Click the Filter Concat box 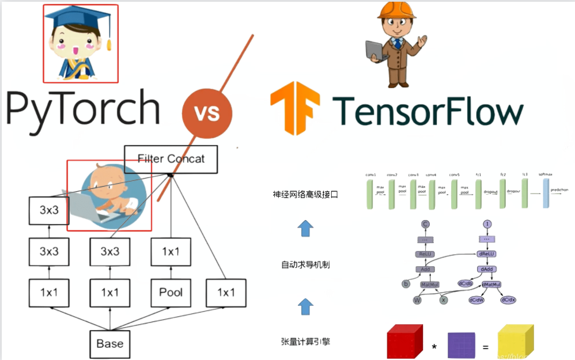point(171,159)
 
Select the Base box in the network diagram point(109,344)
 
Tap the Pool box point(171,293)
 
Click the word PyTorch point(84,109)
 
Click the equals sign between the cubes point(485,347)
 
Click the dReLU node point(487,253)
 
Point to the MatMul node point(430,285)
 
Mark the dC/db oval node point(466,283)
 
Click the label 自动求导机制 point(305,265)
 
